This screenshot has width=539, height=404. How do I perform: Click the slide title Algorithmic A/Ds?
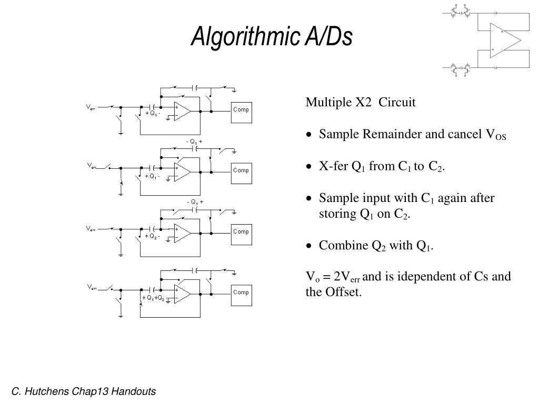(x=271, y=36)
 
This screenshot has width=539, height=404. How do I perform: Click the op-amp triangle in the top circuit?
(x=181, y=112)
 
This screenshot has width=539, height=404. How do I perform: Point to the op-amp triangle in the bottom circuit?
(x=181, y=294)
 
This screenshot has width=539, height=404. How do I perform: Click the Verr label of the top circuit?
(x=91, y=107)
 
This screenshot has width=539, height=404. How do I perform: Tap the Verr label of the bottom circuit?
(x=91, y=288)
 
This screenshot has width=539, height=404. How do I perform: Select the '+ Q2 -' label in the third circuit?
(x=153, y=236)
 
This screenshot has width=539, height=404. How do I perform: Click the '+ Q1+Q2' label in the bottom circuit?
(x=154, y=298)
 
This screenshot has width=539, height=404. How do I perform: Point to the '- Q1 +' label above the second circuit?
(x=194, y=142)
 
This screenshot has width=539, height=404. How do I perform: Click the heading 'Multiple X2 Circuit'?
(x=361, y=102)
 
